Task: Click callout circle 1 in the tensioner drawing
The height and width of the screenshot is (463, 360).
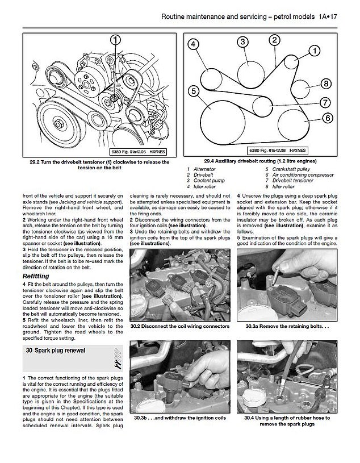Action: [x=116, y=40]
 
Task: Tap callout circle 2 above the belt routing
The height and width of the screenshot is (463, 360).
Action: [x=274, y=40]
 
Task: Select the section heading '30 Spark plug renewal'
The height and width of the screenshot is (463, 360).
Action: [x=56, y=351]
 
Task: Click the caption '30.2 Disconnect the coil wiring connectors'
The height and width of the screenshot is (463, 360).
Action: [x=179, y=327]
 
